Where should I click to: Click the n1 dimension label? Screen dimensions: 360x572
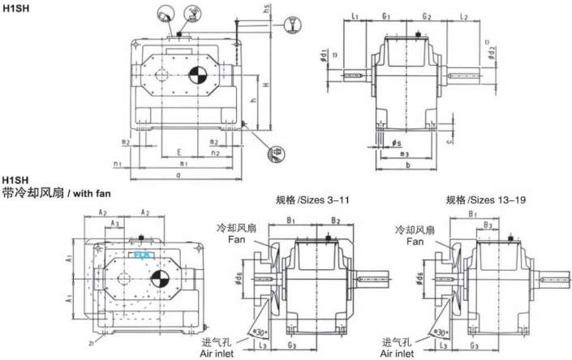point(119,163)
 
